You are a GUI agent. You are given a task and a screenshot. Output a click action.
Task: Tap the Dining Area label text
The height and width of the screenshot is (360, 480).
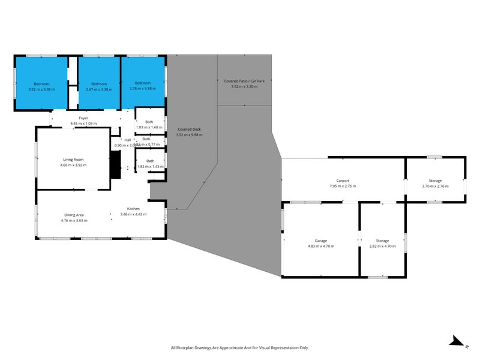(74, 215)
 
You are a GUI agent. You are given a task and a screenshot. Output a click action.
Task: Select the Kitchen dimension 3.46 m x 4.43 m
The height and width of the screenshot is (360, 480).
(133, 214)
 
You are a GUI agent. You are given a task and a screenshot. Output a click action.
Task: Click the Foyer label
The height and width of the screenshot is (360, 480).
(83, 118)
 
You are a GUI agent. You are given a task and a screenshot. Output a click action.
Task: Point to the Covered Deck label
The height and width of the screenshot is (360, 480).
(189, 130)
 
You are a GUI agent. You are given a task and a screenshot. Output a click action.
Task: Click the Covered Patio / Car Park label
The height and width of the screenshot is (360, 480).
(244, 81)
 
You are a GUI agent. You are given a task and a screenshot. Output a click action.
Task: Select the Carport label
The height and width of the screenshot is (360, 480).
(343, 181)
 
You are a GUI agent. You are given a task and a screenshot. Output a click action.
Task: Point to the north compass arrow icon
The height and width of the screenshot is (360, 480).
(457, 341)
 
